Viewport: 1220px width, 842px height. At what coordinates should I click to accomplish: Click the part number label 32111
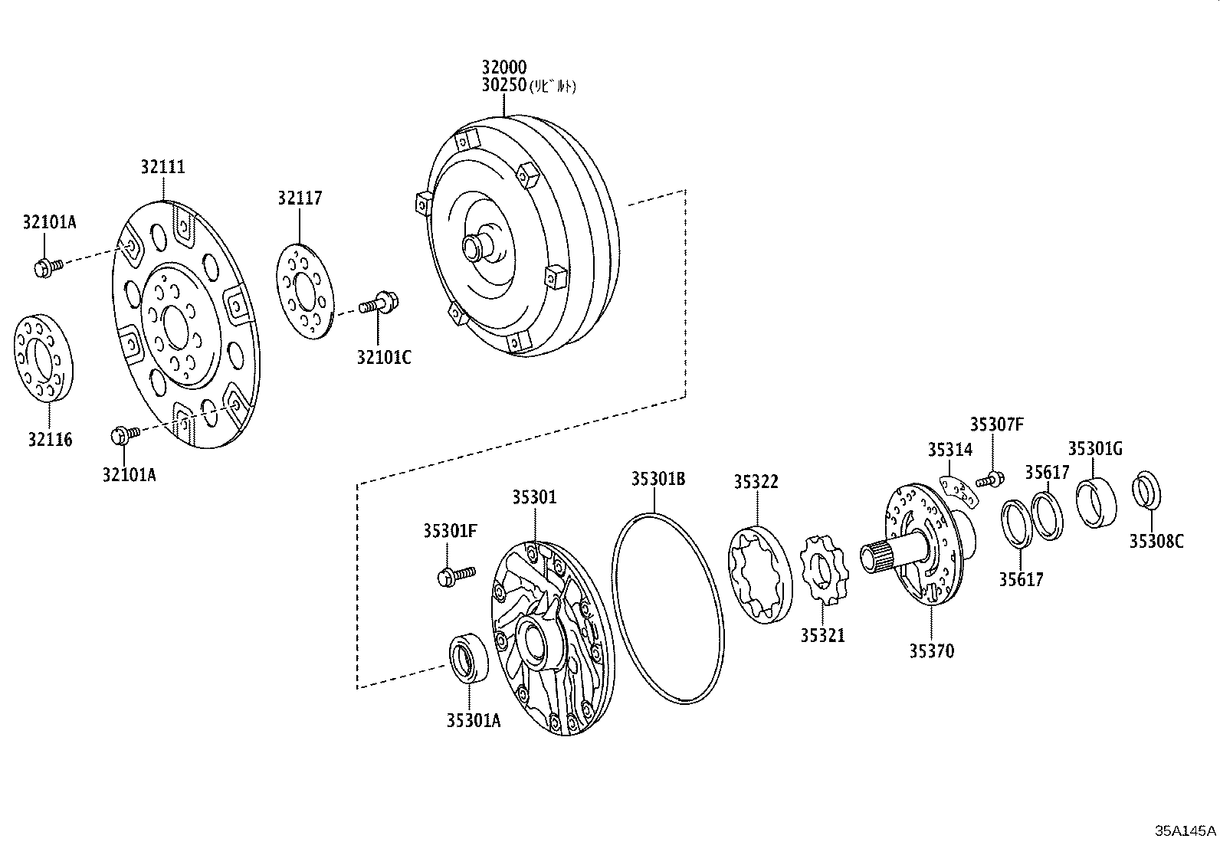coord(162,166)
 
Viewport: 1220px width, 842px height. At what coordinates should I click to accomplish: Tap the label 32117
coord(300,198)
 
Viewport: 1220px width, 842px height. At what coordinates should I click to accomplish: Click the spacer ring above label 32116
coord(44,357)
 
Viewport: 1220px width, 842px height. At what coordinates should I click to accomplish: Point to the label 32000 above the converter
coord(504,67)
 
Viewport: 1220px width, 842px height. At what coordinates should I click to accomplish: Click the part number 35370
coord(932,651)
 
